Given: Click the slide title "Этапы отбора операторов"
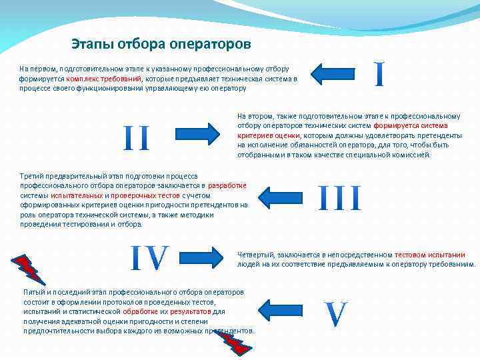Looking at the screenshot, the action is [161, 45].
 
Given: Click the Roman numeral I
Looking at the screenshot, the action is [379, 75].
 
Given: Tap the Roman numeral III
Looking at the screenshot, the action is [339, 199].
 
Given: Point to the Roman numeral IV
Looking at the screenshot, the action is [149, 259].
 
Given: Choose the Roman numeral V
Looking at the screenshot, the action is [336, 314].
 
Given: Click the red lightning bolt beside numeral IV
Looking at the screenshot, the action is [29, 269].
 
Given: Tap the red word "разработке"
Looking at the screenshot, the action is [227, 185].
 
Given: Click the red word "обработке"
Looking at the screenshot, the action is [141, 311].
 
